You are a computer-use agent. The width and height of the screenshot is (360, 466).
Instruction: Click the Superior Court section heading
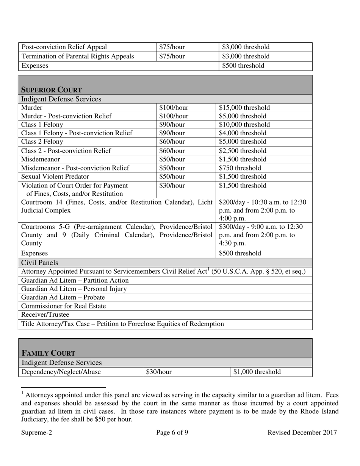[51, 90]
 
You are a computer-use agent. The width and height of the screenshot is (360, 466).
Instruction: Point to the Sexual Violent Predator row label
[55, 177]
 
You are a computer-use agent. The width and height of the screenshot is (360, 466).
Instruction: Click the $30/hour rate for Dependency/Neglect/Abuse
[159, 372]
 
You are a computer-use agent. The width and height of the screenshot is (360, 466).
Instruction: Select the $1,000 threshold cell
[257, 372]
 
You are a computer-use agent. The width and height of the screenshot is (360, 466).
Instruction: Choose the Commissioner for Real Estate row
[64, 306]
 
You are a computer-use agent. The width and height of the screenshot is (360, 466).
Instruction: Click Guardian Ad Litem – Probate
[63, 297]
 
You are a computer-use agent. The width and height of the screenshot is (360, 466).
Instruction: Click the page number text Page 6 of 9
[172, 433]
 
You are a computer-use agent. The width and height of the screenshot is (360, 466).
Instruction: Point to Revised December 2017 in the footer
[302, 433]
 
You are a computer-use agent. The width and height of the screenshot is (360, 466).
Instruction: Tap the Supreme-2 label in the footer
[37, 433]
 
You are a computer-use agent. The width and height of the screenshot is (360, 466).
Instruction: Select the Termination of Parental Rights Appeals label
[78, 56]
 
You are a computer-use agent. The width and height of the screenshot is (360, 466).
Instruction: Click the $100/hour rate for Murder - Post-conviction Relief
[174, 116]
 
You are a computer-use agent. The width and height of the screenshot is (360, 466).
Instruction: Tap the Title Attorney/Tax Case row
[123, 324]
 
